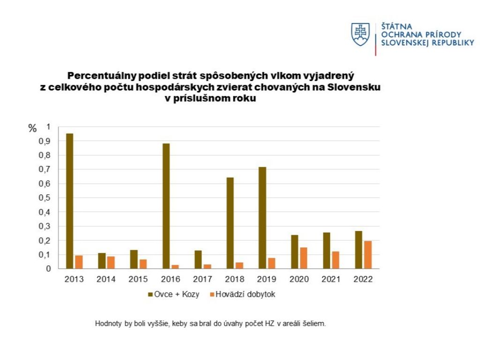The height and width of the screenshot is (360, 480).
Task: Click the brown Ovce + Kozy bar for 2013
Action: click(69, 201)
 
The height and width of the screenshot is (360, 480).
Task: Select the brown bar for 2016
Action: click(166, 206)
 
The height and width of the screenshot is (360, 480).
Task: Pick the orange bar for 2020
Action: click(303, 258)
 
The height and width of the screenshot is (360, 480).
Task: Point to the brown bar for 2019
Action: click(262, 217)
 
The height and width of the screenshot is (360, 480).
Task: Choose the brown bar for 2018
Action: click(230, 223)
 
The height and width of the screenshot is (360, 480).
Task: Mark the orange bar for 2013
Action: click(79, 262)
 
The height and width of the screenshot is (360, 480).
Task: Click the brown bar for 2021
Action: click(326, 250)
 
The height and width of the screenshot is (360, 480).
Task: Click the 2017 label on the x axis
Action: click(202, 279)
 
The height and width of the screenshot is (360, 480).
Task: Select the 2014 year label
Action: click(106, 279)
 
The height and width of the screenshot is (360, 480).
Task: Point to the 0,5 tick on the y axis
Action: click(45, 198)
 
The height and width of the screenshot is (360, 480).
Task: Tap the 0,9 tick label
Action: click(45, 141)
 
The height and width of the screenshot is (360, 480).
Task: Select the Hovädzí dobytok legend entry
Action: click(245, 294)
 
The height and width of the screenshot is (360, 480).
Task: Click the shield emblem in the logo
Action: click(360, 35)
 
